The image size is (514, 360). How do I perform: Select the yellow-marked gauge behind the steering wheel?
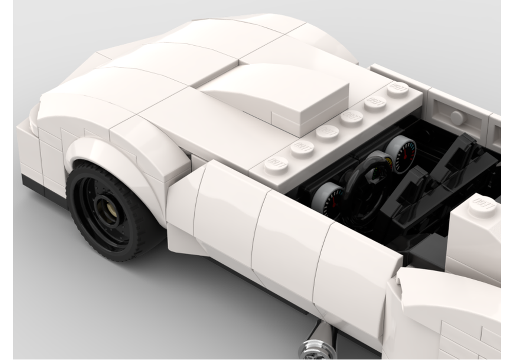point(380,164)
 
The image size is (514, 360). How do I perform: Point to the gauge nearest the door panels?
point(328,198)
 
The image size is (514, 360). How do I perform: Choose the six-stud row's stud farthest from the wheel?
point(397,88)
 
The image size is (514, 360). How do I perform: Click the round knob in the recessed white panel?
point(456,117)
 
